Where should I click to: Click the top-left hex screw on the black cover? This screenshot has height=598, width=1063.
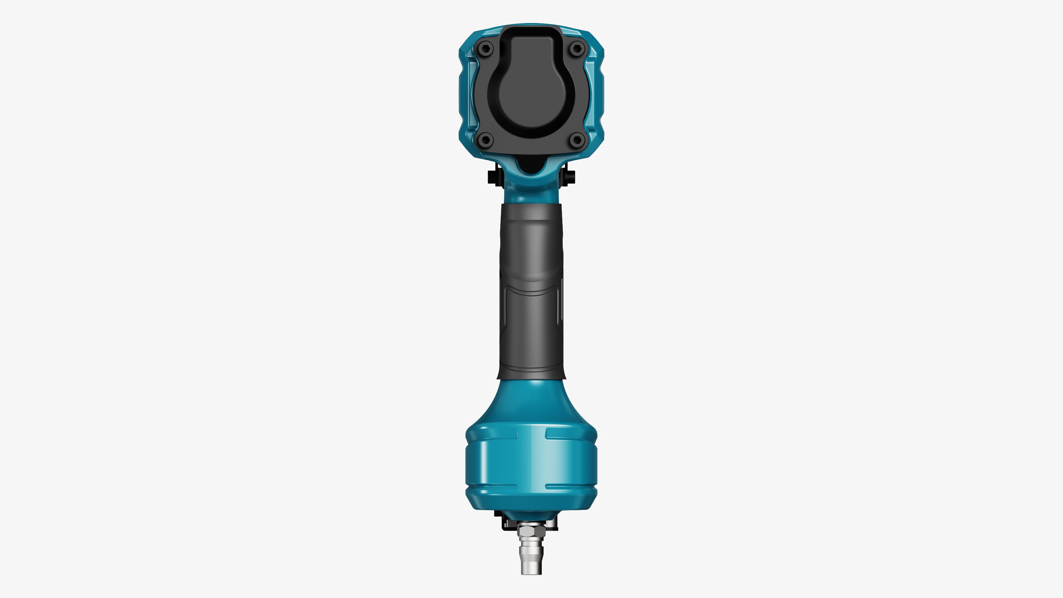[486, 49]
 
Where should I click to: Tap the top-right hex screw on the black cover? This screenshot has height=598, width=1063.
[577, 49]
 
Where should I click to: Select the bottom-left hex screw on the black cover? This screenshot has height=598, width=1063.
[486, 140]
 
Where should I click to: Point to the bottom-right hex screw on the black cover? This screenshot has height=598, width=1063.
[577, 140]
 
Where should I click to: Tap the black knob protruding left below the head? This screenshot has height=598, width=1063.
[493, 177]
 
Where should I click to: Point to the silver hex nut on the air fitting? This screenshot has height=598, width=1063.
[531, 531]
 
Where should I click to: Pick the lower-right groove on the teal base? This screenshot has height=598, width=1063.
[571, 486]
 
